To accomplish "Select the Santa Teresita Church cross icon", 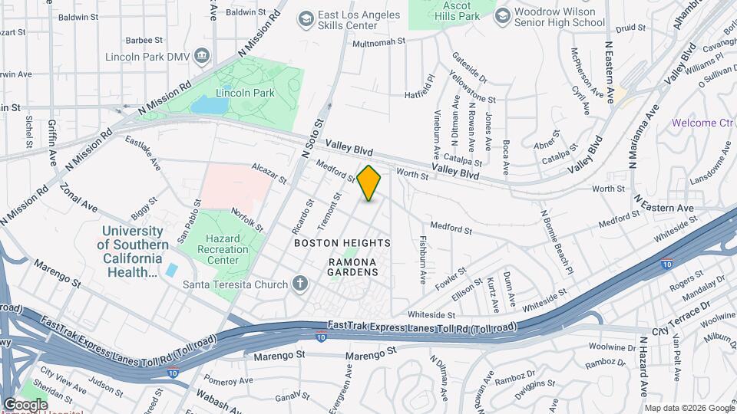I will (x=299, y=284).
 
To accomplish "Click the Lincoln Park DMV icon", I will (x=203, y=55).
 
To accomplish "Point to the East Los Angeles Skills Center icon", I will (x=306, y=18).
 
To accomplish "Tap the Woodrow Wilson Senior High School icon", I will (x=503, y=16).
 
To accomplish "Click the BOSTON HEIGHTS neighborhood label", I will (x=342, y=243).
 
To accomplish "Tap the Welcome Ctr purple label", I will (x=702, y=123).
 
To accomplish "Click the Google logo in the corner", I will (x=25, y=405).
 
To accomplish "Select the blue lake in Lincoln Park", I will (x=210, y=106).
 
